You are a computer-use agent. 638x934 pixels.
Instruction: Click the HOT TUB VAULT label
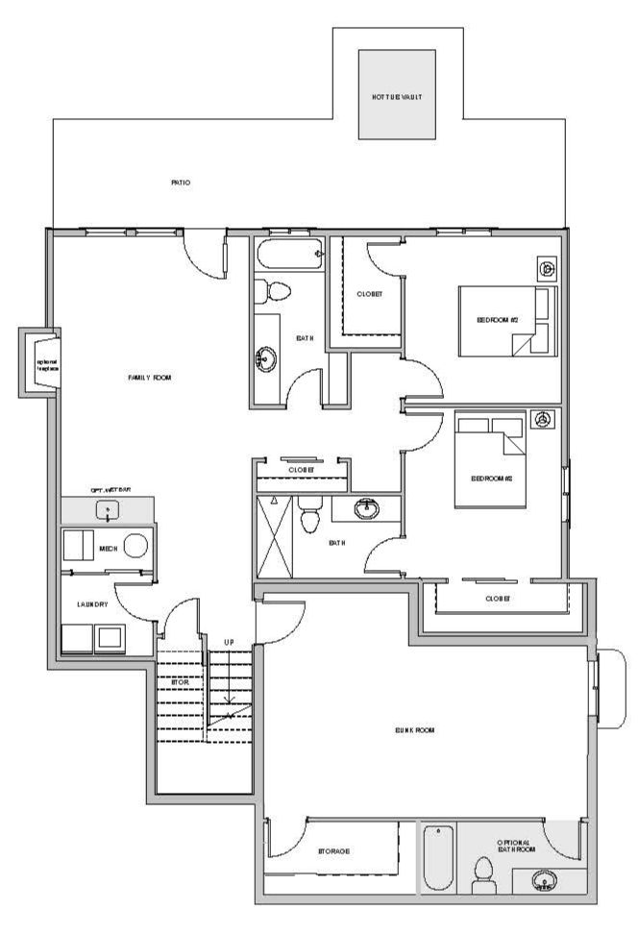(x=397, y=98)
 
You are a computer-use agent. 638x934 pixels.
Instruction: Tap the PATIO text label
(x=181, y=182)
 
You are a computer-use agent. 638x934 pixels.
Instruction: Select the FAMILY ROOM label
(x=150, y=378)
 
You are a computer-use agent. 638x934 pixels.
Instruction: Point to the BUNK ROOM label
(x=415, y=730)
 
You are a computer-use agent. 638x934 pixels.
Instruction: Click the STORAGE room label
(x=332, y=851)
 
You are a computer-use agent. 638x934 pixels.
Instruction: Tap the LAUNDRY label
(x=93, y=604)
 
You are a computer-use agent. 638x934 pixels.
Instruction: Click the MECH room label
(x=109, y=549)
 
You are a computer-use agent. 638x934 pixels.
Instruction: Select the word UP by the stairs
(x=228, y=641)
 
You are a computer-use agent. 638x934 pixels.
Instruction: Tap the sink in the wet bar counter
(x=108, y=509)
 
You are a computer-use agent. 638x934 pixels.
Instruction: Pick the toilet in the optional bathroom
(x=484, y=875)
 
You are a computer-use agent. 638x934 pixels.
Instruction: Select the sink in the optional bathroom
(x=545, y=880)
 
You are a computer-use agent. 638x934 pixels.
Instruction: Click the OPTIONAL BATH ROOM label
(x=514, y=848)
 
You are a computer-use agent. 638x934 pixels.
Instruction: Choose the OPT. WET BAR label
(x=108, y=489)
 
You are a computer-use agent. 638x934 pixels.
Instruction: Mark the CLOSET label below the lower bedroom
(x=498, y=598)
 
